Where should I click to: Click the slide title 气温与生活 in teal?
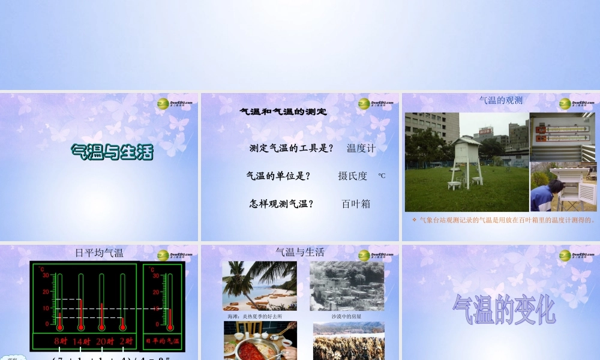point(112,152)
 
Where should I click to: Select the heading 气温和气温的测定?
point(283,112)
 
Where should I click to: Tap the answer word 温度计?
point(361,148)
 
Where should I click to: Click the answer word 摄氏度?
point(352,176)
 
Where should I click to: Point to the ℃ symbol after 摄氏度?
point(382,176)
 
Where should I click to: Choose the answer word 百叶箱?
point(356,204)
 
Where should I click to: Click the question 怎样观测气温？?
point(281,204)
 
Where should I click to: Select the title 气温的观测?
point(501,100)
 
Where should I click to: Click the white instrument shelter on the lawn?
point(465,161)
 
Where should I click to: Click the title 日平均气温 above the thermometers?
point(100,253)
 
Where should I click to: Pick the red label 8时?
point(61,341)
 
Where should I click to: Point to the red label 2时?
point(125,341)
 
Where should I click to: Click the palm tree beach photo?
point(259,286)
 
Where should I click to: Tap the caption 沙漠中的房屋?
point(346,316)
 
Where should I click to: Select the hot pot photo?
point(260,340)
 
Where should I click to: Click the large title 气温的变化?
point(503,310)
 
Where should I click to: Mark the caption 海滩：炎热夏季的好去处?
point(254,316)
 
